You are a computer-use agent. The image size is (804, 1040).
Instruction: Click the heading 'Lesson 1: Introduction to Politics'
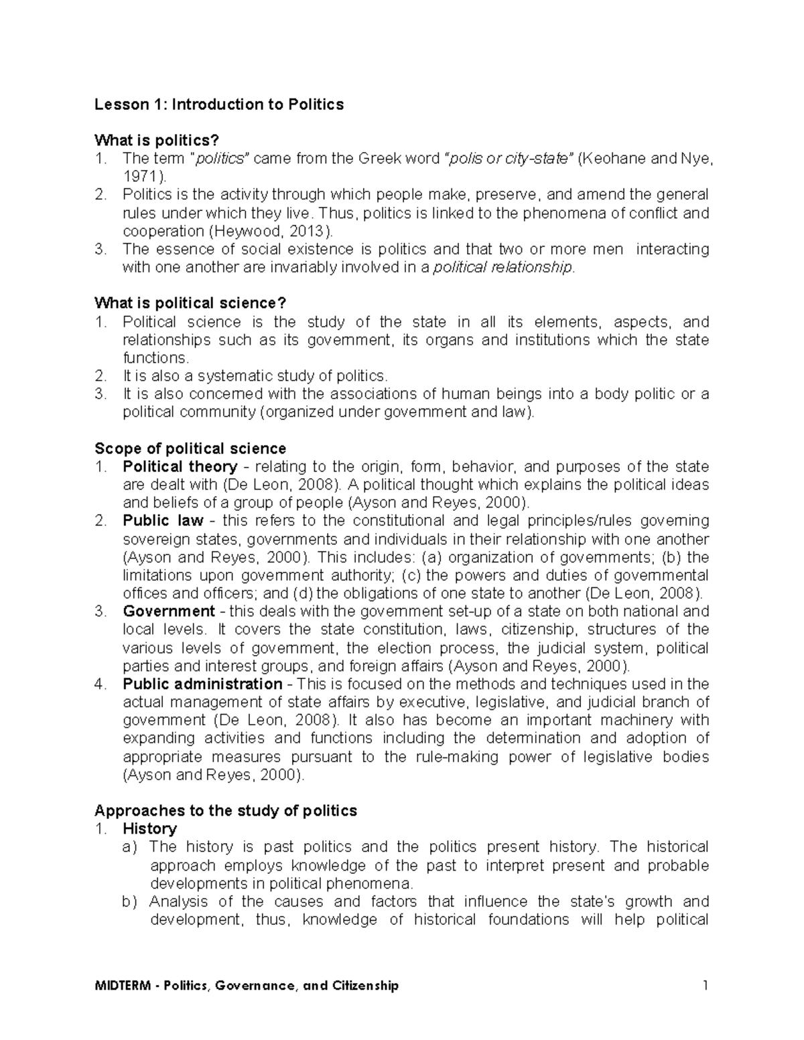(219, 104)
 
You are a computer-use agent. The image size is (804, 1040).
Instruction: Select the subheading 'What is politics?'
(157, 141)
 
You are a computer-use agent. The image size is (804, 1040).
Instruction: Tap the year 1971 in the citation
(139, 177)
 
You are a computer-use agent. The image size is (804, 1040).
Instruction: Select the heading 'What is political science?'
(186, 304)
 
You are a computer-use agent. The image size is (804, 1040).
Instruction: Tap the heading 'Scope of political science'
(190, 449)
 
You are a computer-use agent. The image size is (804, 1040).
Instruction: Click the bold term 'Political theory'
(180, 467)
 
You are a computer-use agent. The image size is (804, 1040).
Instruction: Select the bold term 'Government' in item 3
(168, 611)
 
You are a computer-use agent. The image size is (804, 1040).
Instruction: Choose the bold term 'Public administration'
(202, 684)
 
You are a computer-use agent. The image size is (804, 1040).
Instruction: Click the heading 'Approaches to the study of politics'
(226, 811)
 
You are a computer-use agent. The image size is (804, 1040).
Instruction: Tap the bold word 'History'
(149, 829)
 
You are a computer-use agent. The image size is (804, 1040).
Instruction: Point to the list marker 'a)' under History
(129, 848)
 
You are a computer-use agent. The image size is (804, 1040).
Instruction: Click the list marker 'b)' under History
(129, 902)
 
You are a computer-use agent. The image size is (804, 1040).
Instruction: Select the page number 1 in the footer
(705, 985)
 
